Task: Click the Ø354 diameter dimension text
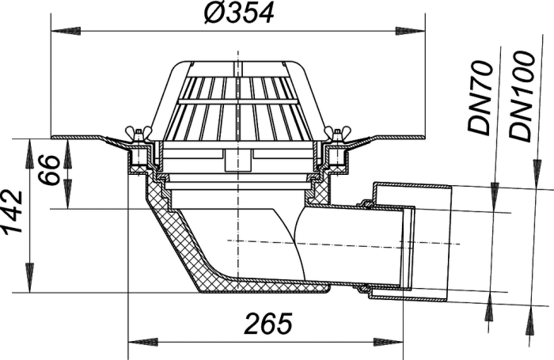(x=239, y=13)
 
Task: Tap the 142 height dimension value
(x=12, y=212)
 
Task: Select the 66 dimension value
(x=49, y=169)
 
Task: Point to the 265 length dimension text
(x=268, y=324)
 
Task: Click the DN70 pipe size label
(x=480, y=98)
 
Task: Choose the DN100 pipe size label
(x=521, y=97)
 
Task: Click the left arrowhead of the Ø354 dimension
(x=66, y=31)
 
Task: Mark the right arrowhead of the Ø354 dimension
(x=410, y=31)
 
